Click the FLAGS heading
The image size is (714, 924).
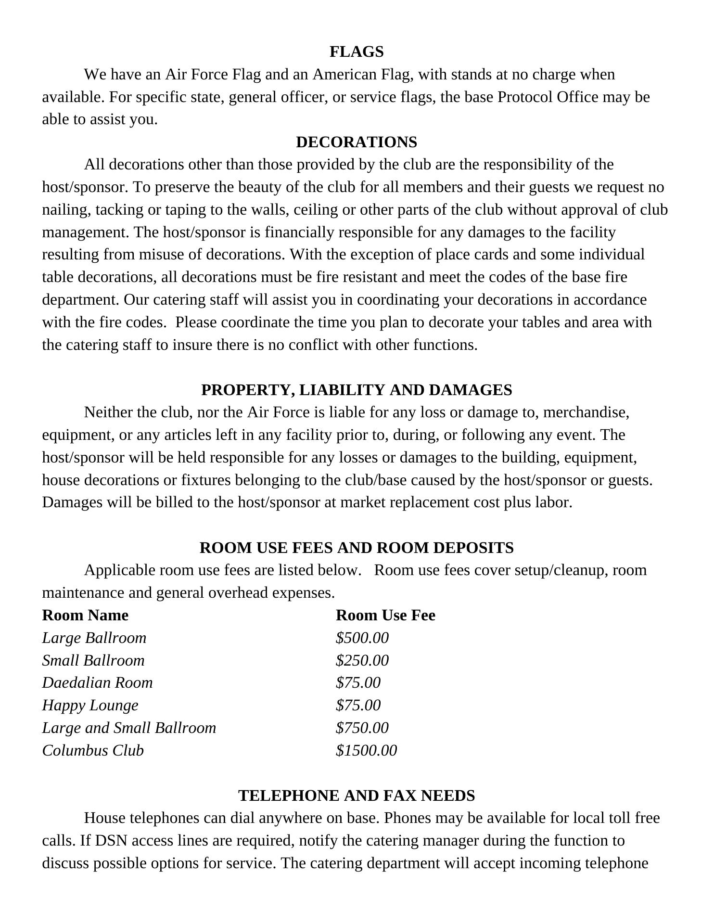pyautogui.click(x=357, y=51)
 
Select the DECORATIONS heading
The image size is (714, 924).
pyautogui.click(x=357, y=142)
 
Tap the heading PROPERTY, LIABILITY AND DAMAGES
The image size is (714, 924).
pyautogui.click(x=357, y=390)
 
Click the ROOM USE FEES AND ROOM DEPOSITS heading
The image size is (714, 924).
pyautogui.click(x=357, y=548)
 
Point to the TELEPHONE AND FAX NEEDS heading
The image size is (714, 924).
pyautogui.click(x=357, y=796)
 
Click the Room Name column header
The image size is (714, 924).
pyautogui.click(x=85, y=615)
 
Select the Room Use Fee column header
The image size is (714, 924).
pyautogui.click(x=385, y=615)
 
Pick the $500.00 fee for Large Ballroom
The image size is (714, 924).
pyautogui.click(x=362, y=638)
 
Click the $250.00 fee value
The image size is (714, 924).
pyautogui.click(x=362, y=660)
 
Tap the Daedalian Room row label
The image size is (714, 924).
pyautogui.click(x=97, y=682)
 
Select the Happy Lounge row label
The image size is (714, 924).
pyautogui.click(x=90, y=705)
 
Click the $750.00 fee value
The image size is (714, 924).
pyautogui.click(x=362, y=728)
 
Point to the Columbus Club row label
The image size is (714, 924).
pyautogui.click(x=93, y=750)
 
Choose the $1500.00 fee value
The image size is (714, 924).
pyautogui.click(x=367, y=750)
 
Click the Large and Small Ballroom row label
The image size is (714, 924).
pyautogui.click(x=129, y=728)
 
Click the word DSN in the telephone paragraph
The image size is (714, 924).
pyautogui.click(x=111, y=841)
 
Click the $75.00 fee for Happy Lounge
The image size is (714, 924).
pyautogui.click(x=358, y=705)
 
